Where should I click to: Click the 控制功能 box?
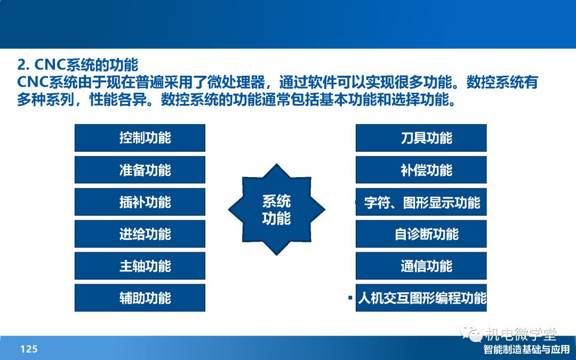point(140,138)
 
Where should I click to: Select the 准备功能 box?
point(140,170)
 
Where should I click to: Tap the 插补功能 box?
point(140,202)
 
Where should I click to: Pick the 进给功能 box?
point(140,234)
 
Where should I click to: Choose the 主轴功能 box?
point(140,266)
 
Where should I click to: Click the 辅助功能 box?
point(140,298)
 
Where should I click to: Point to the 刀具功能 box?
point(421,138)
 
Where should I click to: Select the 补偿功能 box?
point(421,170)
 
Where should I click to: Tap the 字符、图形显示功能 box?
point(421,202)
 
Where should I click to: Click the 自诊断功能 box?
point(421,234)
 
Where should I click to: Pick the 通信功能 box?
point(421,266)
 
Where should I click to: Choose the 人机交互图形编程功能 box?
point(421,298)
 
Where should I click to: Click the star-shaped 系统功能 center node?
point(277,210)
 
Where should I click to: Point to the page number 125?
point(29,349)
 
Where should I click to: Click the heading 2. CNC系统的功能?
point(77,65)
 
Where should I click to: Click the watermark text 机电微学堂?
point(521,334)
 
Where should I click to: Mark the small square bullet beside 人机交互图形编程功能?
point(350,298)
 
